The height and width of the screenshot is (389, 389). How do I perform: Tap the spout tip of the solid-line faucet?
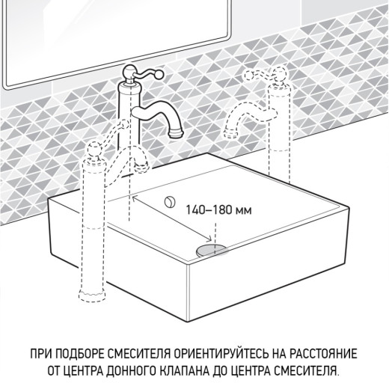pos(177,132)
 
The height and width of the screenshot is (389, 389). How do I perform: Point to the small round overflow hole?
pos(170,200)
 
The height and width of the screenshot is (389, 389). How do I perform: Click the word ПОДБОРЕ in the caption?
pos(86,352)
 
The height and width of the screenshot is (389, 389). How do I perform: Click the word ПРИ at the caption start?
pos(42,352)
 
